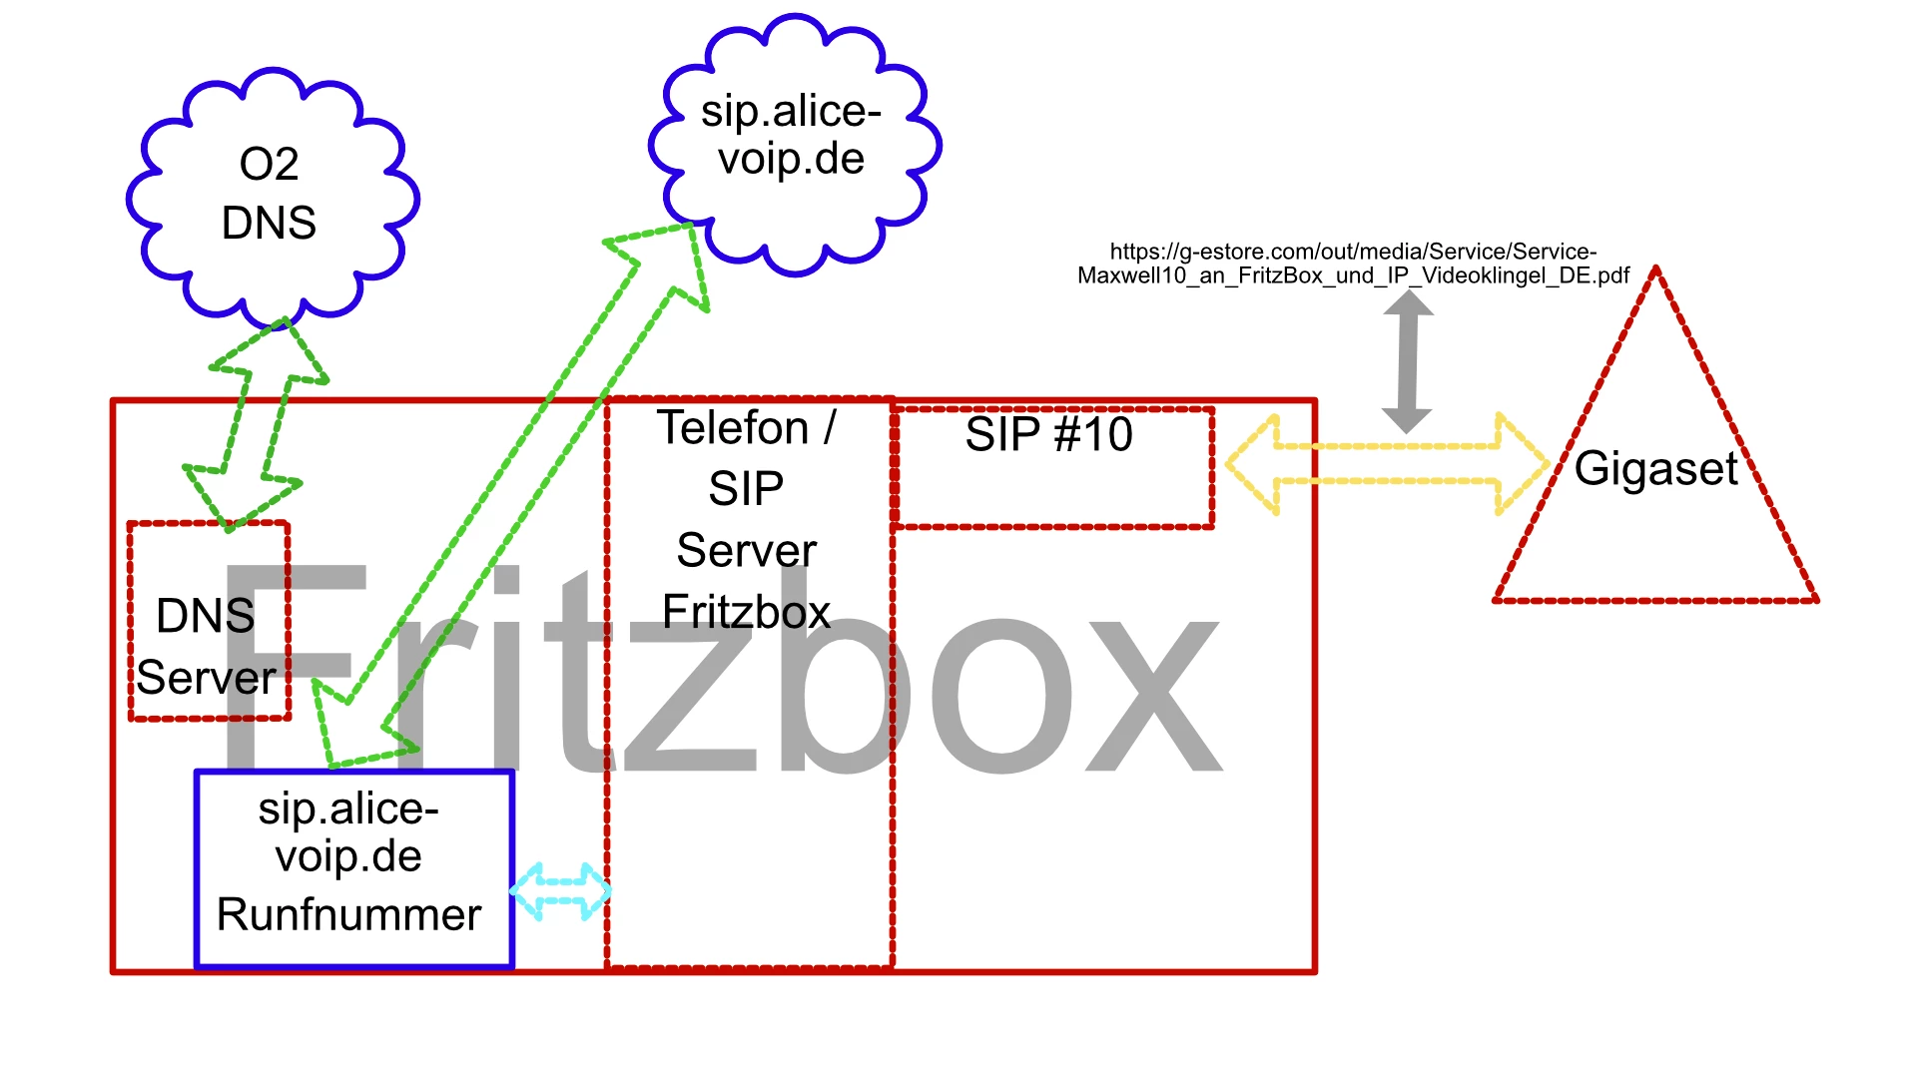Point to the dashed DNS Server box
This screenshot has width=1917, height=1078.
tap(209, 620)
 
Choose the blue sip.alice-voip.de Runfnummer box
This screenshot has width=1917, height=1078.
tap(353, 868)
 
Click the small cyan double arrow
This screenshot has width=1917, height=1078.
tap(560, 891)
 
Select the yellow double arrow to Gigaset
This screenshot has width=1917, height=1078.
tap(1388, 464)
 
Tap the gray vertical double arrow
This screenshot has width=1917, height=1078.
tap(1408, 361)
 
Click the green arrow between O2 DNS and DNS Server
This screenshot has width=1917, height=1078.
tap(257, 424)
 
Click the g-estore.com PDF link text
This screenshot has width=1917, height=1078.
tap(1353, 264)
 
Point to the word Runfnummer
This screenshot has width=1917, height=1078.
tap(348, 914)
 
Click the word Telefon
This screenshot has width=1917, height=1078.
tap(732, 428)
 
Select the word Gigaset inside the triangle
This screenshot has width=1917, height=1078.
tap(1656, 468)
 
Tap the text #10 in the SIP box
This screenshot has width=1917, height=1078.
tap(1093, 434)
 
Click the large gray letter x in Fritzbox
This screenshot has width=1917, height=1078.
tap(1153, 694)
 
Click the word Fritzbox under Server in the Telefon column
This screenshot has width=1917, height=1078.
tap(746, 612)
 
